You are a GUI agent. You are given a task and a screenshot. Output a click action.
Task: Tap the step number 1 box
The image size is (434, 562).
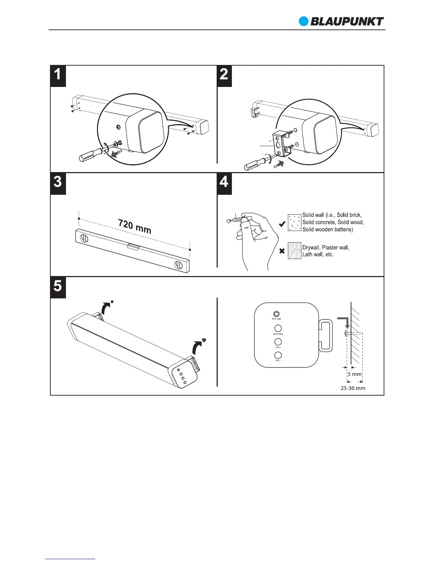(x=58, y=76)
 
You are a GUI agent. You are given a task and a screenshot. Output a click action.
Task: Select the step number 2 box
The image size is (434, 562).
(x=224, y=76)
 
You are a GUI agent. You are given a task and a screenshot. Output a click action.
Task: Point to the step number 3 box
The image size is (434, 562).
(x=58, y=183)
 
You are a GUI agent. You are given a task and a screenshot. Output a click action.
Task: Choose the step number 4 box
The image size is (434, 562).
(x=224, y=183)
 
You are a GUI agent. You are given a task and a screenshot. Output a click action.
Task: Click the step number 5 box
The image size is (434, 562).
(x=58, y=287)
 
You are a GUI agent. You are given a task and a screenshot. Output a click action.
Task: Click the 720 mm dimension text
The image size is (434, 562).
(x=135, y=227)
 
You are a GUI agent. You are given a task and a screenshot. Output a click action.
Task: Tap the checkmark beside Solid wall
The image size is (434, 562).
(x=282, y=224)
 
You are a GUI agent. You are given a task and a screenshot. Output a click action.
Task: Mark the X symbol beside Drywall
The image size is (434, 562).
(x=282, y=251)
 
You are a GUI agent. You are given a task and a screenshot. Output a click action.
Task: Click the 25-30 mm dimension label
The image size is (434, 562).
(x=353, y=388)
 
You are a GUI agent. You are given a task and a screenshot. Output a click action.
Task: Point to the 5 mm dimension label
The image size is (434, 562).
(x=355, y=374)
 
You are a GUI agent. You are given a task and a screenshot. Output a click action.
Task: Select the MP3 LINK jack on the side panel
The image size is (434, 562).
(x=277, y=314)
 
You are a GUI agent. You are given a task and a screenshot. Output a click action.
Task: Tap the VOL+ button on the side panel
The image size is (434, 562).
(x=278, y=342)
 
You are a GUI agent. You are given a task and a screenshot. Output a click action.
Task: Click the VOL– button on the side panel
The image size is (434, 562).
(x=278, y=355)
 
